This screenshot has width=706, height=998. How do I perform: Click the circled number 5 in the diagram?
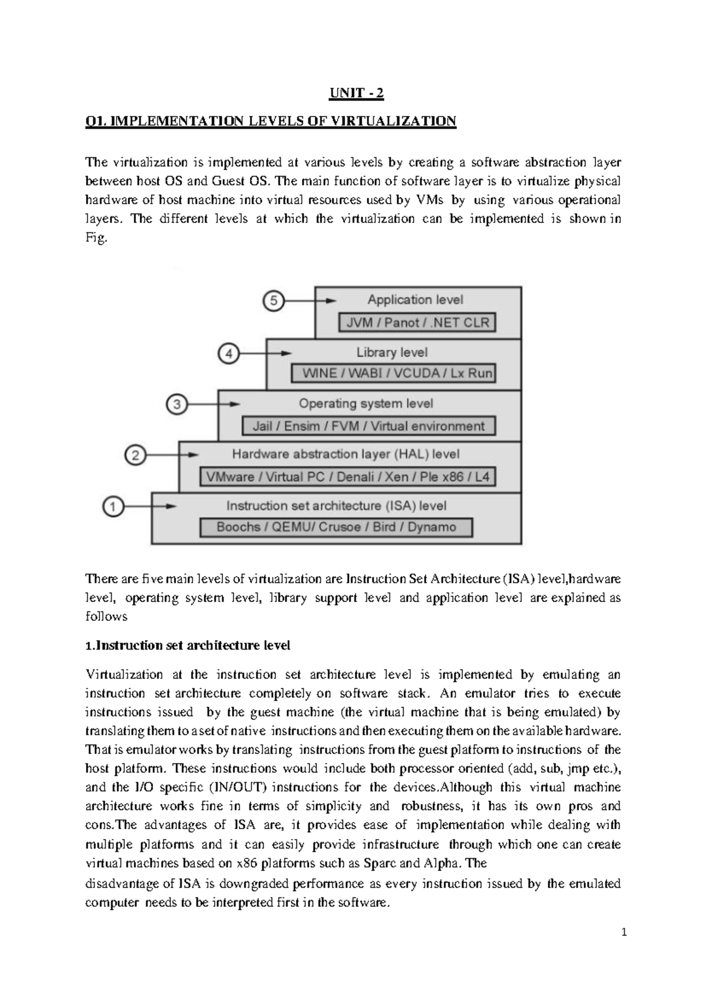tap(273, 301)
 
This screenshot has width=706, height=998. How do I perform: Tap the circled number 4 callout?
tap(229, 354)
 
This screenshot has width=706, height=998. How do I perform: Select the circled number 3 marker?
tap(178, 405)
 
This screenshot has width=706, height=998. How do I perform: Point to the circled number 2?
tap(135, 455)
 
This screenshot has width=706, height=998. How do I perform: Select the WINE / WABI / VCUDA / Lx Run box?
tap(393, 374)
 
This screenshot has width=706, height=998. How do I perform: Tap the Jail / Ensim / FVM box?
tap(369, 426)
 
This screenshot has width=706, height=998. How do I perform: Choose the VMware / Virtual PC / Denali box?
tap(347, 477)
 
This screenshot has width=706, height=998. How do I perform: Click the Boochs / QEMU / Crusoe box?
tap(336, 527)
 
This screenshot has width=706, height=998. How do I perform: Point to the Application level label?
tap(415, 300)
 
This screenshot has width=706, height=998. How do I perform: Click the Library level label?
tap(392, 352)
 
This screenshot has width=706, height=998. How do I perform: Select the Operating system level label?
tap(366, 404)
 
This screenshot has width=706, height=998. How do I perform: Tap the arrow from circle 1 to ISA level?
tap(149, 506)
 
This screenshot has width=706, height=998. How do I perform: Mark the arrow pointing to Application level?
tap(309, 301)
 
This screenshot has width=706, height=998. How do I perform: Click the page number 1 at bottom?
tap(624, 932)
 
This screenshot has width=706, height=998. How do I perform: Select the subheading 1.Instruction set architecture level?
tap(188, 646)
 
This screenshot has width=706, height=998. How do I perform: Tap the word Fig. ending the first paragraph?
tap(96, 238)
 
